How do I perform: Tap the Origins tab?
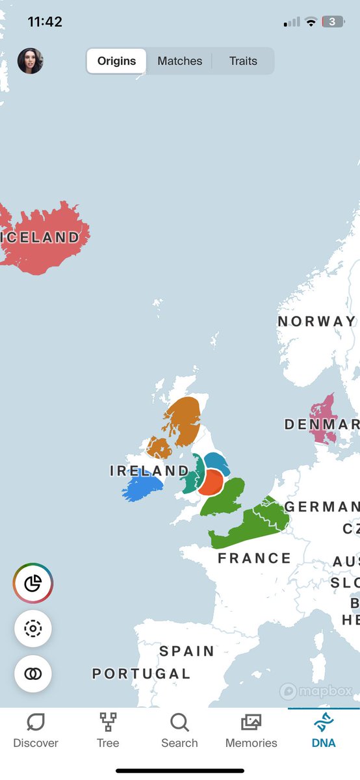coord(117,61)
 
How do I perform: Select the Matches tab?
coord(180,61)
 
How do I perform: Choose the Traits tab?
coord(243,61)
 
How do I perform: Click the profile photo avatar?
coord(31,61)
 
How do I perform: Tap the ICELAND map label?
coord(40,238)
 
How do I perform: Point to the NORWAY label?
coord(316,321)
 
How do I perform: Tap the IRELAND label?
coord(149,471)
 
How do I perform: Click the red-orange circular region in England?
coord(210,482)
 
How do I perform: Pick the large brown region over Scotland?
coord(183,419)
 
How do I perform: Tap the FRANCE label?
coord(254,558)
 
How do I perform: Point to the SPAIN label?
coord(186,651)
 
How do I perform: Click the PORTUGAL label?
coord(141,674)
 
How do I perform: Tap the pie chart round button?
coord(33,583)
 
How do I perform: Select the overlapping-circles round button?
coord(33,674)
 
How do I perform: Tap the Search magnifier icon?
coord(179,723)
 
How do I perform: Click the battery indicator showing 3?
coord(333,22)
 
